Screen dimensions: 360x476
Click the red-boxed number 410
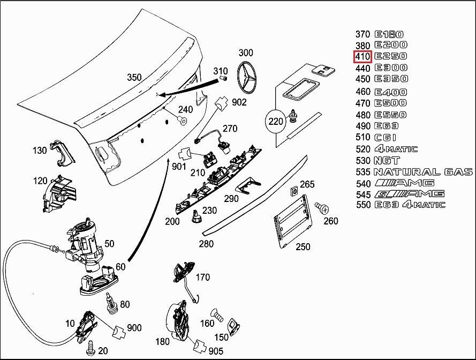point(362,56)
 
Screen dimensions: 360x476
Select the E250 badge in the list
point(390,56)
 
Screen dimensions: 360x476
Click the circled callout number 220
point(275,122)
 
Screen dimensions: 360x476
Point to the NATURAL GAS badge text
point(422,172)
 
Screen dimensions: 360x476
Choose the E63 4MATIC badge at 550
point(410,205)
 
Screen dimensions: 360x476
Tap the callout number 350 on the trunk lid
point(134,77)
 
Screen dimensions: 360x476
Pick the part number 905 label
point(216,351)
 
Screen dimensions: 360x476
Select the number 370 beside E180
point(362,34)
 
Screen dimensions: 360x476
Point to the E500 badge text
point(390,103)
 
